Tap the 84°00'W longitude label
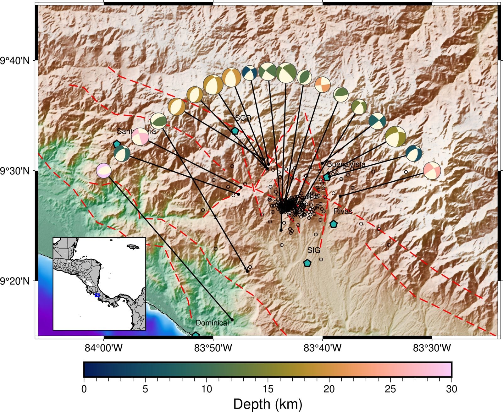tap(103, 348)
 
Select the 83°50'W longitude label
tap(213, 348)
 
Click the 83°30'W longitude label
tap(432, 348)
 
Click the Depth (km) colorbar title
tap(268, 404)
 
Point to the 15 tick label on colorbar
tap(268, 389)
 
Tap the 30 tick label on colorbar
tap(451, 389)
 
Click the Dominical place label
tap(212, 323)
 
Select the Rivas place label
tap(343, 211)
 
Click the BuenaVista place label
tap(346, 164)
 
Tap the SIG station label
tap(313, 250)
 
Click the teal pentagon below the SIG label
tap(307, 263)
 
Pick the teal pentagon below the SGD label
tap(235, 131)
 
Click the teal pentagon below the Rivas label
tap(333, 224)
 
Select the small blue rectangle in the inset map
tap(97, 295)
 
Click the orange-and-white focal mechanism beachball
tap(323, 85)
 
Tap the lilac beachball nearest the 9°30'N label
tap(104, 171)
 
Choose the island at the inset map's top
tap(133, 247)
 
